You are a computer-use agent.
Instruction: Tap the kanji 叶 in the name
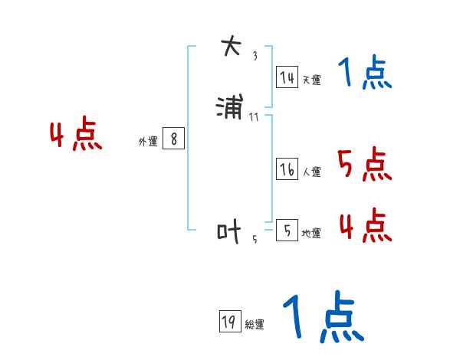coord(229,231)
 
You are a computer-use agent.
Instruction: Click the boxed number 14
coord(287,77)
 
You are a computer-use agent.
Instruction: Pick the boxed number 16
coord(287,170)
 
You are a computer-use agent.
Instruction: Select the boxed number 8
coord(173,139)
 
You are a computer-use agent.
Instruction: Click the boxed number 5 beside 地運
coord(286,231)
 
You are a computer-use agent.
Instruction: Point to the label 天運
coord(311,80)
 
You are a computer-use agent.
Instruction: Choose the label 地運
coord(311,234)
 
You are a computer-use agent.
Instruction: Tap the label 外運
coord(148,142)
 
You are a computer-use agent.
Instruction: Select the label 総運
coord(255,325)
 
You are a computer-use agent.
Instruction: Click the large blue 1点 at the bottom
coord(323,318)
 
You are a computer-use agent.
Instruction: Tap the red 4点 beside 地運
coord(365,225)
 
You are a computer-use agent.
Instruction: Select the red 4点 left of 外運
coord(76,136)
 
